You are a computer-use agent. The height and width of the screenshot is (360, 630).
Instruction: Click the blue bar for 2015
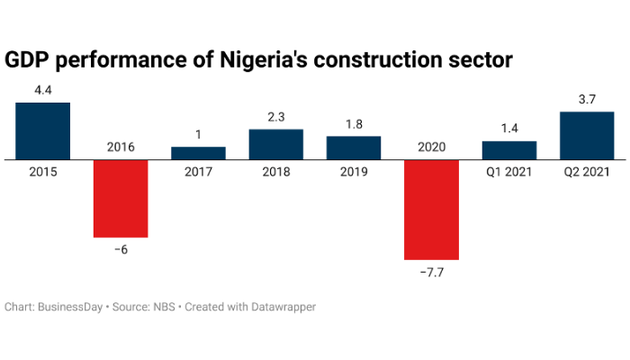43,130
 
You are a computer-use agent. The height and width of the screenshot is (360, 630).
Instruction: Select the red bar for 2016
121,199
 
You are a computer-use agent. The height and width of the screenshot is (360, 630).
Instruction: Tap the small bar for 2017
198,153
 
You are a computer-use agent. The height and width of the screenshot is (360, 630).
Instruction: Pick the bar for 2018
275,144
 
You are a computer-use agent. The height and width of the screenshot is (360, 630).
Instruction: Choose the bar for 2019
353,148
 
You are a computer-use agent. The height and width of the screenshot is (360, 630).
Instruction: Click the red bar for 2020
431,210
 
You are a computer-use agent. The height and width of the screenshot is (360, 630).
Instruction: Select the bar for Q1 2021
508,150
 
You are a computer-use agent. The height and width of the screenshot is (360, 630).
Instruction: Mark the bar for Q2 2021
586,135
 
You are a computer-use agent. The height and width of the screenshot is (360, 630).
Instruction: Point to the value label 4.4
43,91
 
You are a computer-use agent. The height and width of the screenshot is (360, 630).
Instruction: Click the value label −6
121,249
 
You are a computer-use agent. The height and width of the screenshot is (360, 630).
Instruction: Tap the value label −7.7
431,272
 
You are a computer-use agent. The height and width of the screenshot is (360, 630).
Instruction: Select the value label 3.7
586,100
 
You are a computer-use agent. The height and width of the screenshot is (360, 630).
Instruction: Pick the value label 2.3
275,118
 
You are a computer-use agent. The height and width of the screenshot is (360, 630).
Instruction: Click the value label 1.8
353,125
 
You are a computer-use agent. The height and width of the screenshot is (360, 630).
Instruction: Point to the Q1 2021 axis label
508,171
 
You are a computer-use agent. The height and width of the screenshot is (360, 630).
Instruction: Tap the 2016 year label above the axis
121,147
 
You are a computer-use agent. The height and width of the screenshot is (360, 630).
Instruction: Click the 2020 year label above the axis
431,147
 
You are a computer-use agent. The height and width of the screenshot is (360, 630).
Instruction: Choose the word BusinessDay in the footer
72,307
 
